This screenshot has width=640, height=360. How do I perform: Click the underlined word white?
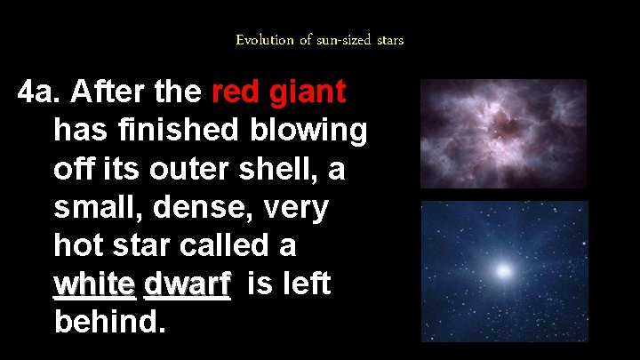[x=94, y=284]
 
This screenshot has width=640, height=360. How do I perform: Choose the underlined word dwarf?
[x=187, y=284]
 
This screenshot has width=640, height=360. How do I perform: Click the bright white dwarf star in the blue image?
[x=506, y=269]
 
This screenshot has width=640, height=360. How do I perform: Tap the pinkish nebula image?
[x=503, y=133]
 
